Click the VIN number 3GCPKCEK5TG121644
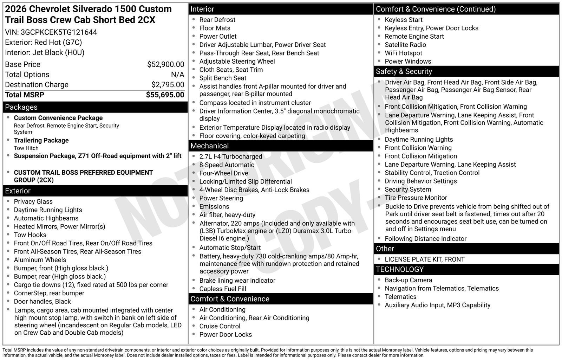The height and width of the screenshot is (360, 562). [59, 32]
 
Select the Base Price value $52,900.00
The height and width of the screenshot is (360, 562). [165, 64]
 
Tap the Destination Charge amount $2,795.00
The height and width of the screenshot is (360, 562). [168, 85]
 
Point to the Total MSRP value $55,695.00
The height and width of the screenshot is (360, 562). [165, 95]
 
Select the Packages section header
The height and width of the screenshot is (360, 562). [21, 107]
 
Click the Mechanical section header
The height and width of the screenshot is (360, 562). [209, 146]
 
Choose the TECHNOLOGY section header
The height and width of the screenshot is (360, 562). [399, 269]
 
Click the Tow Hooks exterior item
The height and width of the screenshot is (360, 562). [30, 235]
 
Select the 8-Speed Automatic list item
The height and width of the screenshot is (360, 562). [227, 165]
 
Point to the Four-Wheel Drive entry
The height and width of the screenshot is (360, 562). [223, 173]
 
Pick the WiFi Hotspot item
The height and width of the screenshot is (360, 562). [403, 53]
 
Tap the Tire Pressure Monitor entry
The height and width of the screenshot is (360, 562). [416, 198]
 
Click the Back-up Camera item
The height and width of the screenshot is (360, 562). [408, 280]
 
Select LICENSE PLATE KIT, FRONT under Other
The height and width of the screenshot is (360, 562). [424, 259]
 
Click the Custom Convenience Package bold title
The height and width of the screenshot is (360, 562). [58, 118]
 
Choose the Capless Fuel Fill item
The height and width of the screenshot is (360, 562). [222, 289]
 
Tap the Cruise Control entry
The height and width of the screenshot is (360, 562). [220, 326]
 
